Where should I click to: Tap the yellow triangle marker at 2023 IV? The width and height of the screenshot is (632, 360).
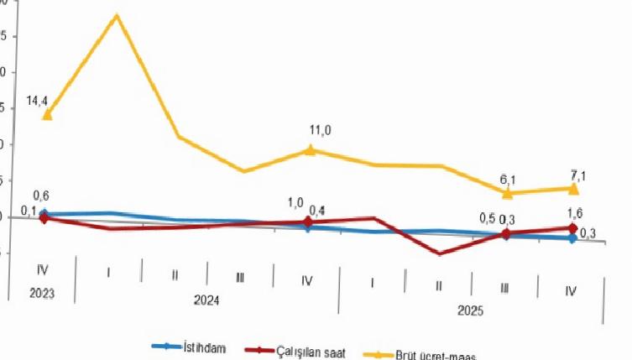pyautogui.click(x=47, y=114)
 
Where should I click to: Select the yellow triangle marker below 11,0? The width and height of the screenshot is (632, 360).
pyautogui.click(x=310, y=150)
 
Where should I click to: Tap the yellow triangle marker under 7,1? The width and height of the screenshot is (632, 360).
pyautogui.click(x=574, y=189)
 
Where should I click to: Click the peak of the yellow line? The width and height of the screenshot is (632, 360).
pyautogui.click(x=116, y=16)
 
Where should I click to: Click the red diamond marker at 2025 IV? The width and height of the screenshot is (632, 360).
pyautogui.click(x=573, y=228)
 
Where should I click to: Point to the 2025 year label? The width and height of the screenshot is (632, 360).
pyautogui.click(x=470, y=310)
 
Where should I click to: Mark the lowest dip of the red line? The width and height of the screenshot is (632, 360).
pyautogui.click(x=439, y=253)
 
